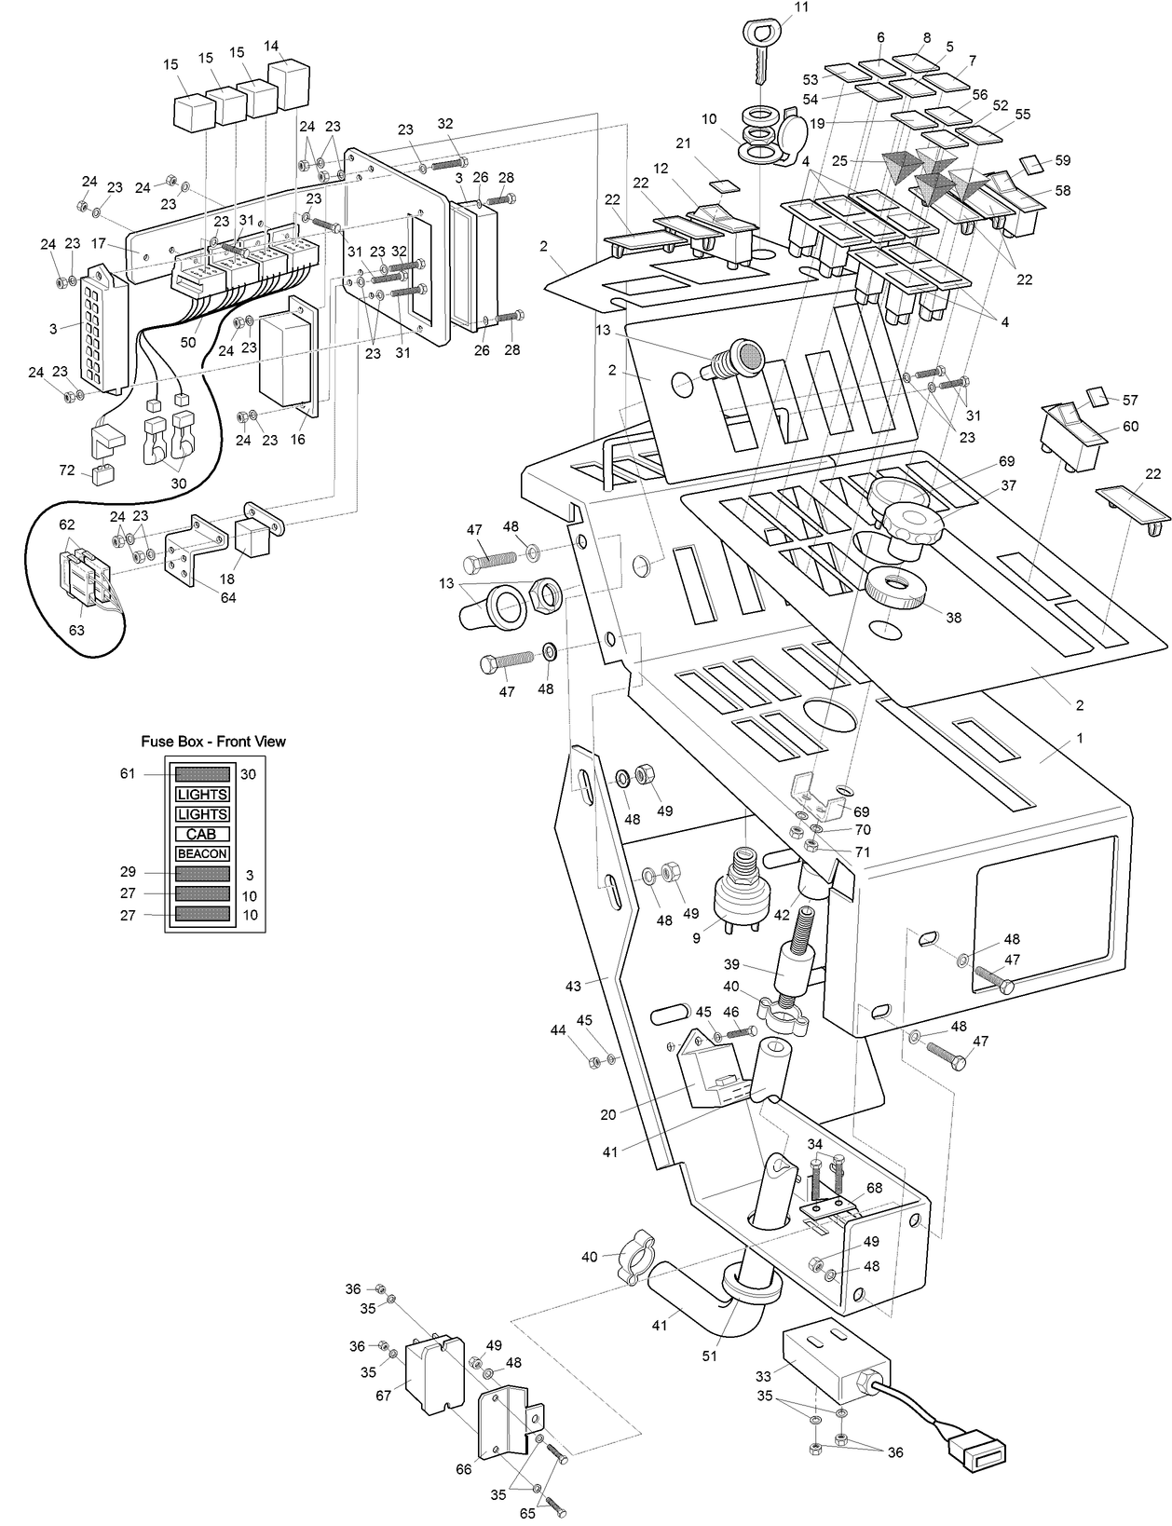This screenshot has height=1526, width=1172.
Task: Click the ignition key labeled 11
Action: tap(760, 56)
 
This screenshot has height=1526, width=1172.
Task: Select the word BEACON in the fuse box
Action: tap(202, 853)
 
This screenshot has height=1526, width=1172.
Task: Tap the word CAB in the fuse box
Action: tap(202, 834)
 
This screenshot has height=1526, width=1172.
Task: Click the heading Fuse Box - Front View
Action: tap(213, 742)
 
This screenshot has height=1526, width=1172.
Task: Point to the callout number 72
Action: tap(67, 470)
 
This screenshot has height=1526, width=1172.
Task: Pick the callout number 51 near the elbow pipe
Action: tap(710, 1356)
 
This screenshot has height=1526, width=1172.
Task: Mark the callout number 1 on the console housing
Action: tap(1080, 738)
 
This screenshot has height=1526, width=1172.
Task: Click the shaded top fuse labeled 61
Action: tap(202, 774)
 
